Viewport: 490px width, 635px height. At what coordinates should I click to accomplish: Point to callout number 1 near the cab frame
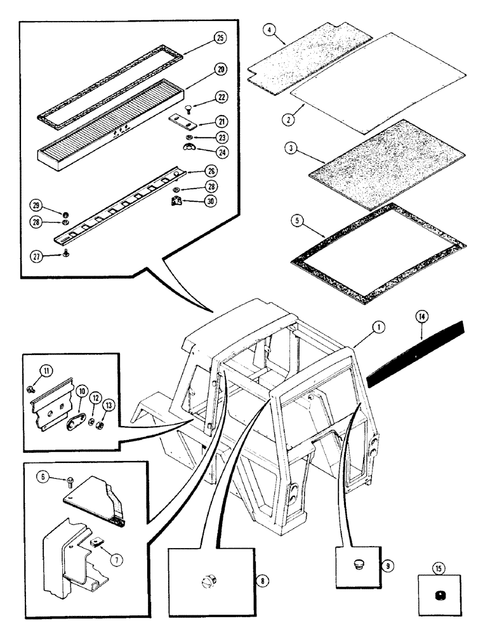tap(378, 327)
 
